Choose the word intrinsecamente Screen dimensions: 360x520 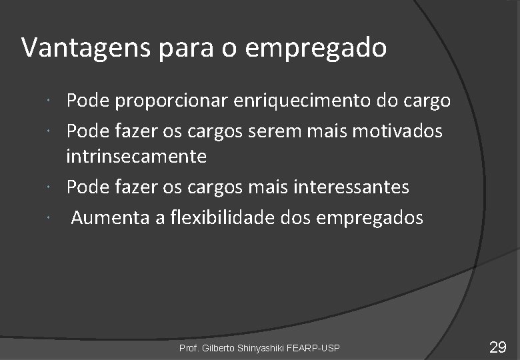tap(136, 157)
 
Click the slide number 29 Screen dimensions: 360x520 tap(497, 347)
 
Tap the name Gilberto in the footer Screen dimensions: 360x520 tap(219, 348)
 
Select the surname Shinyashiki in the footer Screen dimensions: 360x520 tap(263, 348)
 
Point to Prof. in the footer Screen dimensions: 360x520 tap(189, 348)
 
